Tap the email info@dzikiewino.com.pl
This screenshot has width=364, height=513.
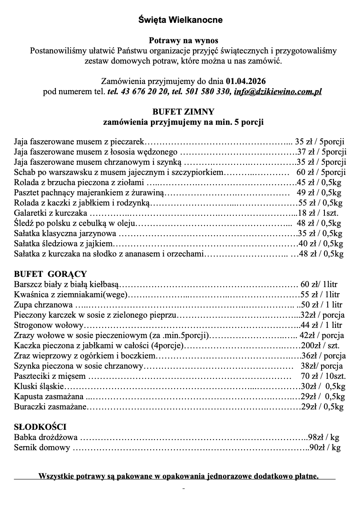(x=278, y=92)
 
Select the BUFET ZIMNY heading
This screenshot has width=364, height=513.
(x=183, y=111)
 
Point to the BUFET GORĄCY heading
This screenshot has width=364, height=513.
(x=50, y=274)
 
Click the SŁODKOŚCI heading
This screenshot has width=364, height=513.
(x=40, y=427)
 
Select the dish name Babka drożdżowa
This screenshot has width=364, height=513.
(x=46, y=438)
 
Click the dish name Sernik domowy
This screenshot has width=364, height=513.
(x=42, y=448)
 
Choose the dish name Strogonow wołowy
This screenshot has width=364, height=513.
(x=49, y=325)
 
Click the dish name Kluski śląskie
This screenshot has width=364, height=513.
(x=39, y=386)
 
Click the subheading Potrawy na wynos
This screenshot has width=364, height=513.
(x=183, y=40)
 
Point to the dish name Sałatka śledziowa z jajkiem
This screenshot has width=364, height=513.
(x=63, y=243)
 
